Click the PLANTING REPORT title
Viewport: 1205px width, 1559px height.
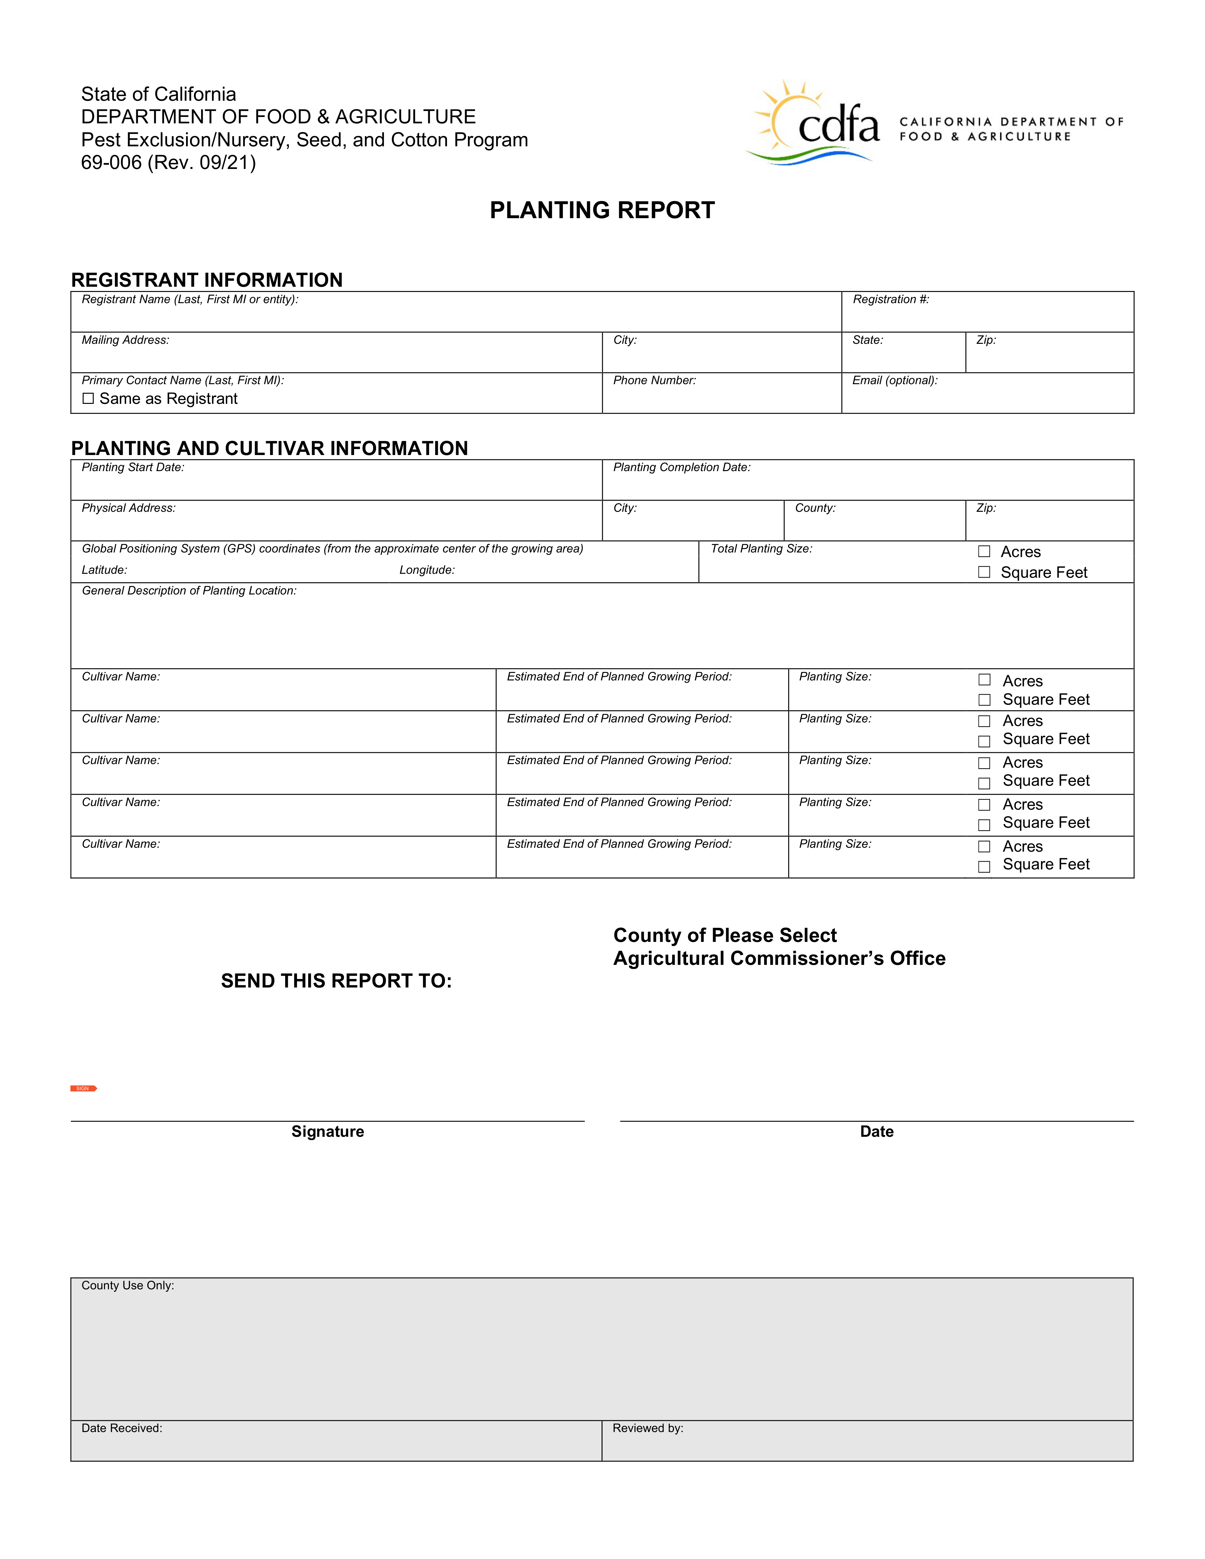602,211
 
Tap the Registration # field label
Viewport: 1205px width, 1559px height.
891,300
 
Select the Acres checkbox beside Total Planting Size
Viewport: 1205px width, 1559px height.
984,552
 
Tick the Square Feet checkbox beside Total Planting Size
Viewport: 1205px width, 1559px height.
984,572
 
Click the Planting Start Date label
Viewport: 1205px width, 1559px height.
133,468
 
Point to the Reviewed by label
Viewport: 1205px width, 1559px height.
647,1428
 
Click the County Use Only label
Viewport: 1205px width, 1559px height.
128,1286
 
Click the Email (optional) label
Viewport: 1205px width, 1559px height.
895,381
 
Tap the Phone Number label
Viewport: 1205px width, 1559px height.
654,381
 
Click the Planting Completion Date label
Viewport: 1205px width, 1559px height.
682,468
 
